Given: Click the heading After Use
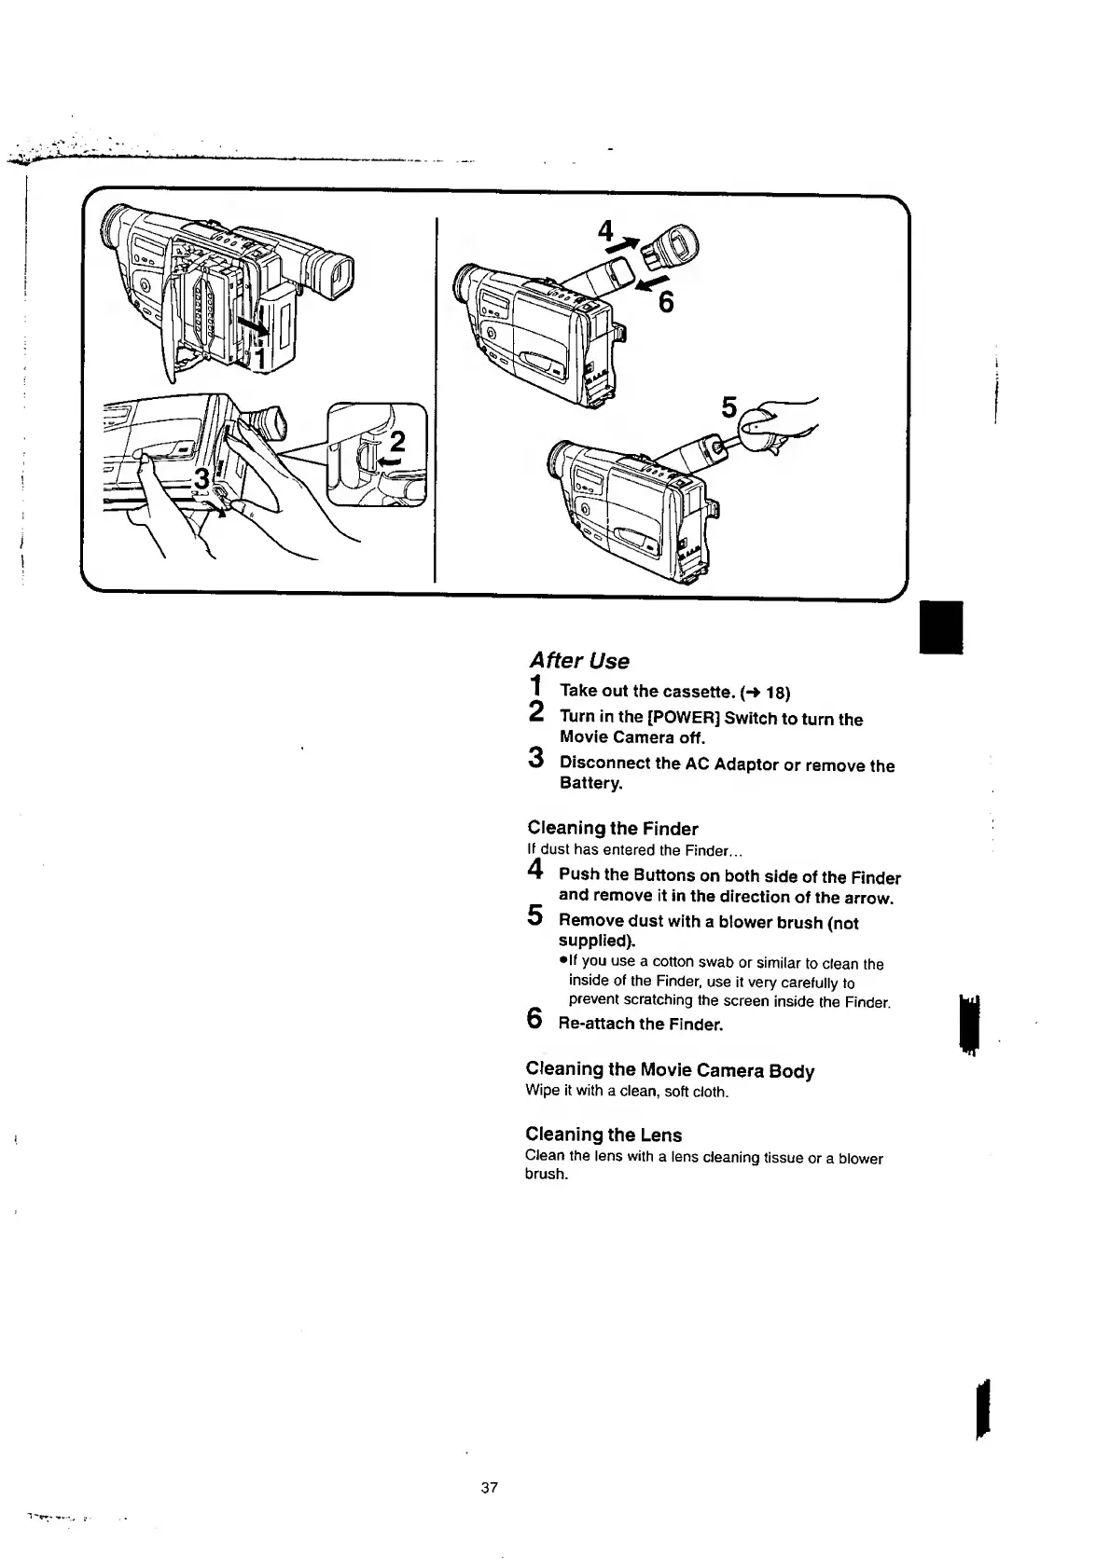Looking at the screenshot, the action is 578,660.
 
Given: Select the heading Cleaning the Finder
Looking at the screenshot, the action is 612,828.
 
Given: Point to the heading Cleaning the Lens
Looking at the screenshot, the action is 604,1135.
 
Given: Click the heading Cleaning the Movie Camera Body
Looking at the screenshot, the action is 670,1070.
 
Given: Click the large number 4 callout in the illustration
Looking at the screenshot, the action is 607,231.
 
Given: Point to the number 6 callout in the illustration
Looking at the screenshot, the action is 666,303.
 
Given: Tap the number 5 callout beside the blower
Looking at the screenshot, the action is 728,408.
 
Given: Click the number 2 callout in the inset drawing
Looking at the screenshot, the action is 397,441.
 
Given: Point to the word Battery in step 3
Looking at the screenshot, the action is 590,783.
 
